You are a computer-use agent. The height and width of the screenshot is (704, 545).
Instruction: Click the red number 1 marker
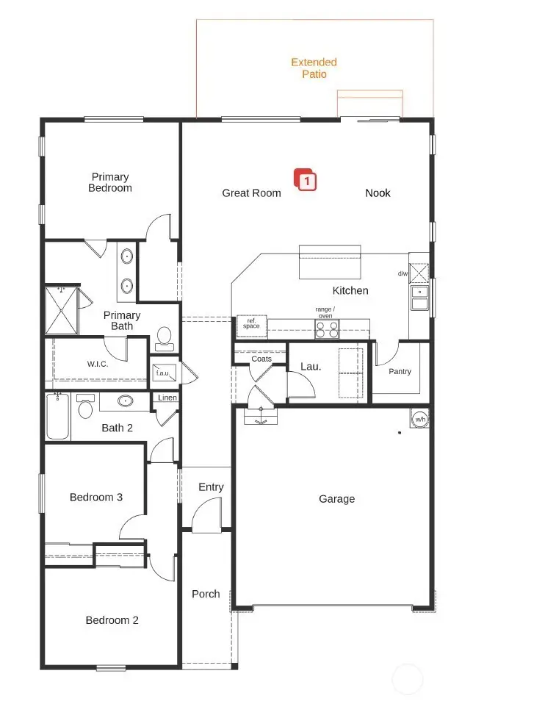[x=306, y=179]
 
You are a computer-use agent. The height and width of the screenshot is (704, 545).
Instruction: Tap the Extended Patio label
[x=314, y=68]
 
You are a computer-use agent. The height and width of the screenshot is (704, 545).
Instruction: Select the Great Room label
[x=251, y=193]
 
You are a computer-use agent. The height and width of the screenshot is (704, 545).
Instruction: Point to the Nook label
[x=378, y=193]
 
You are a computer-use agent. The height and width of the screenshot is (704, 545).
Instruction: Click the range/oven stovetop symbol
[x=327, y=329]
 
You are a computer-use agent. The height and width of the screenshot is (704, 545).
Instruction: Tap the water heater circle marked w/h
[x=420, y=419]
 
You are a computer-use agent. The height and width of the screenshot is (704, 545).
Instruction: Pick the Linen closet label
[x=165, y=398]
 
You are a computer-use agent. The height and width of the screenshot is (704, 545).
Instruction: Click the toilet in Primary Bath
[x=164, y=337]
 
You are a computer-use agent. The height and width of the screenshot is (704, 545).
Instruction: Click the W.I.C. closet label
[x=98, y=364]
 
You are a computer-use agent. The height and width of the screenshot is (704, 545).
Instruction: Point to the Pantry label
[x=400, y=372]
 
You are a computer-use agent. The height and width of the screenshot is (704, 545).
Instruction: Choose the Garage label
[x=336, y=499]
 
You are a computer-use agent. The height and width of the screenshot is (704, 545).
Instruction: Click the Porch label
[x=206, y=594]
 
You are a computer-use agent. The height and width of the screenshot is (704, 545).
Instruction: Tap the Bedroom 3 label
[x=96, y=498]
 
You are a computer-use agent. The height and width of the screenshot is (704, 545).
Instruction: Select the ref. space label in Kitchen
[x=251, y=323]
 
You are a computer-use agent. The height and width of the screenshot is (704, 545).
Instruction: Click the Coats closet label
[x=261, y=359]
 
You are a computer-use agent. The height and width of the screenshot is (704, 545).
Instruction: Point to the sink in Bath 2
[x=126, y=401]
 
